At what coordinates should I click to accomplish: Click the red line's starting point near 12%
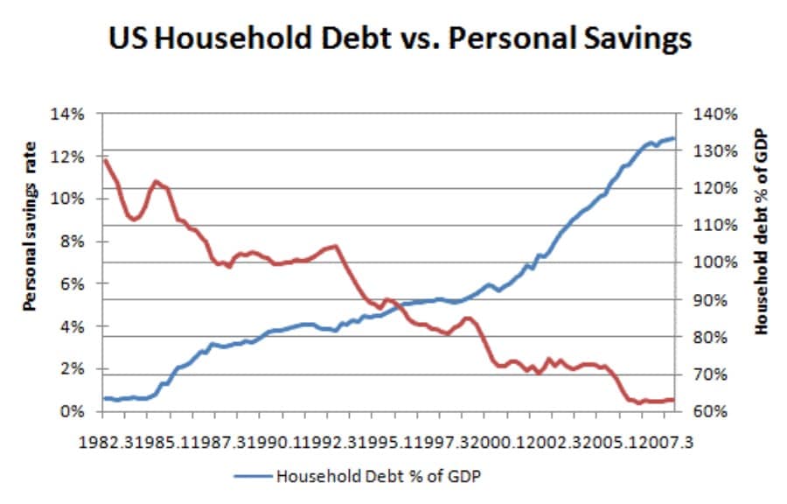click(104, 160)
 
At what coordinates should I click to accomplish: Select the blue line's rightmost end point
click(674, 137)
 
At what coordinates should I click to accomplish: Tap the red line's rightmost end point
click(674, 400)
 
